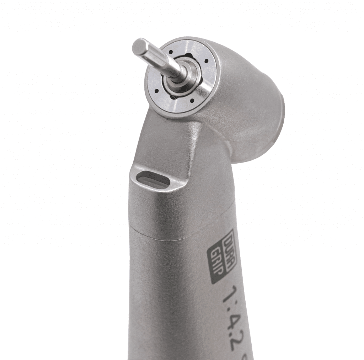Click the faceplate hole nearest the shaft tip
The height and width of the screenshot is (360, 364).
(x=171, y=52)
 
